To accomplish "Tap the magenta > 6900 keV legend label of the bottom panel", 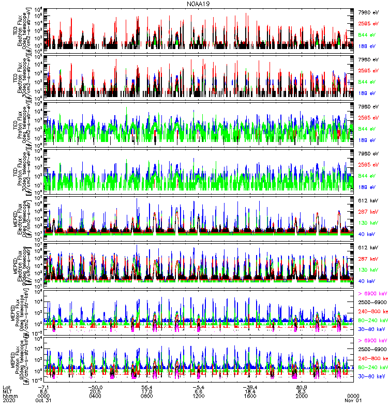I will pyautogui.click(x=370, y=341).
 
